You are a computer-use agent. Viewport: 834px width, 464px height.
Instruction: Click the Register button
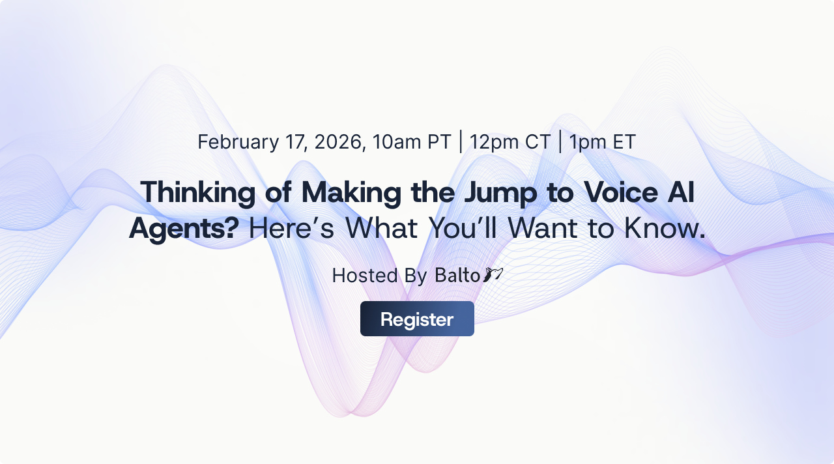(x=417, y=319)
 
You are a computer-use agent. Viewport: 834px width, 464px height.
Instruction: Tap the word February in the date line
(x=238, y=141)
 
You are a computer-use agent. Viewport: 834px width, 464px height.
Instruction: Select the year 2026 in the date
(x=339, y=141)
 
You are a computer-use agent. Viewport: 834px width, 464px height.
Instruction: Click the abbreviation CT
(x=538, y=141)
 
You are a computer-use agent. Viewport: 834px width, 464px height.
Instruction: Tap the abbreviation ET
(x=623, y=141)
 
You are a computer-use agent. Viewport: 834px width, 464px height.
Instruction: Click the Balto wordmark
(x=457, y=275)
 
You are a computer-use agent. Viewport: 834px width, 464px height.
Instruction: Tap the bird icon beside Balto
(x=493, y=274)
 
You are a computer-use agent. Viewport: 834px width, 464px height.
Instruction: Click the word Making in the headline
(x=348, y=192)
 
